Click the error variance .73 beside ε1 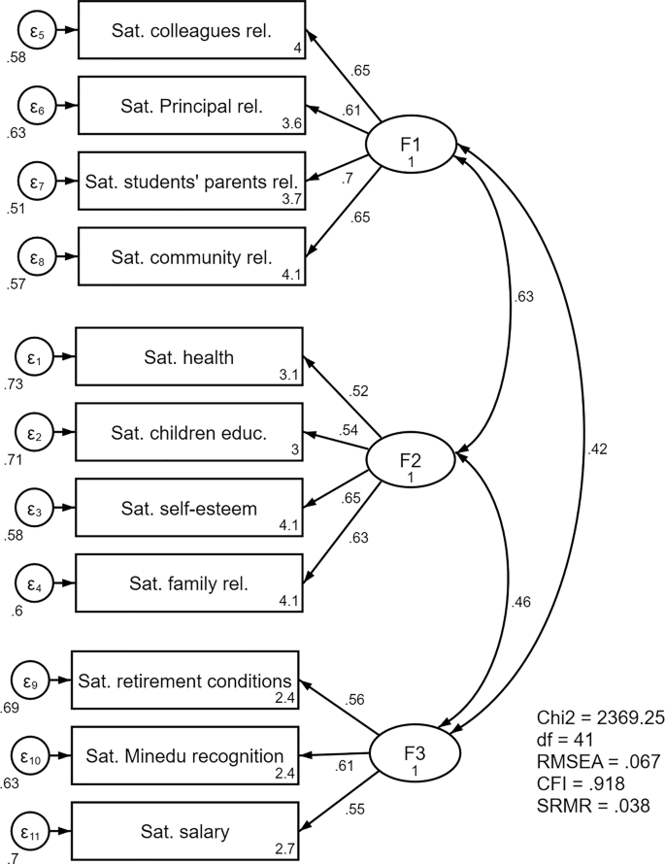pyautogui.click(x=13, y=386)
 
